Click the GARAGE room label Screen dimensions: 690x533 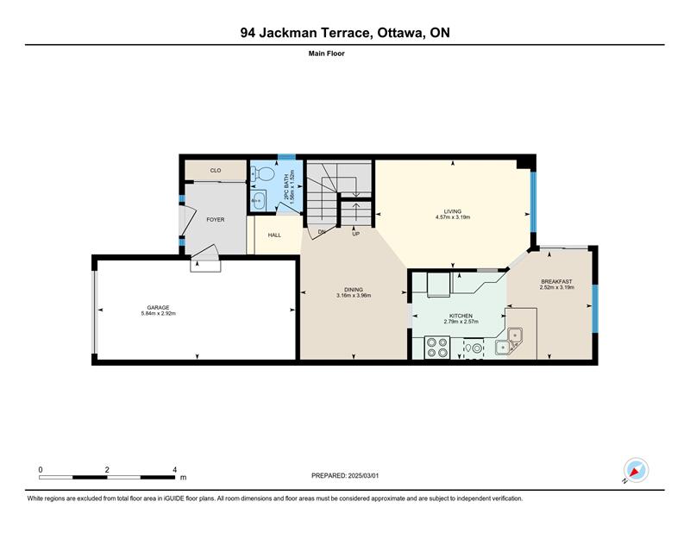click(x=158, y=308)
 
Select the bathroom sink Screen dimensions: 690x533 click(x=258, y=201)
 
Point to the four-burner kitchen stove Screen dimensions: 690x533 click(x=437, y=348)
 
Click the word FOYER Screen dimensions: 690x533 click(x=215, y=220)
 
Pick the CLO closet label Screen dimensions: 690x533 click(x=216, y=170)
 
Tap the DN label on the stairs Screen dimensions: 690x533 click(x=322, y=232)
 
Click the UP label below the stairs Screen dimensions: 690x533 click(x=356, y=234)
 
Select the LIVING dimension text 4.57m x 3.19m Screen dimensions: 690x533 click(x=453, y=217)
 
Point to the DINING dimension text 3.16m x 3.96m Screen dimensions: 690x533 click(x=354, y=295)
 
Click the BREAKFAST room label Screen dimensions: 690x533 click(x=556, y=282)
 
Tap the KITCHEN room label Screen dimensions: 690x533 click(x=461, y=316)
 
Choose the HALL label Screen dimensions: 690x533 click(x=274, y=235)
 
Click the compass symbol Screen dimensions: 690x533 click(x=636, y=470)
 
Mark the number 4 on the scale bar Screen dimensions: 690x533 click(x=175, y=469)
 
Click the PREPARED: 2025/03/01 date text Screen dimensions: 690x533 click(x=345, y=476)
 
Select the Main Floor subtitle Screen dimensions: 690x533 click(x=327, y=53)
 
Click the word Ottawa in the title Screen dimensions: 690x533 click(x=398, y=33)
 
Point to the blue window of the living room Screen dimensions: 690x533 click(x=533, y=202)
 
